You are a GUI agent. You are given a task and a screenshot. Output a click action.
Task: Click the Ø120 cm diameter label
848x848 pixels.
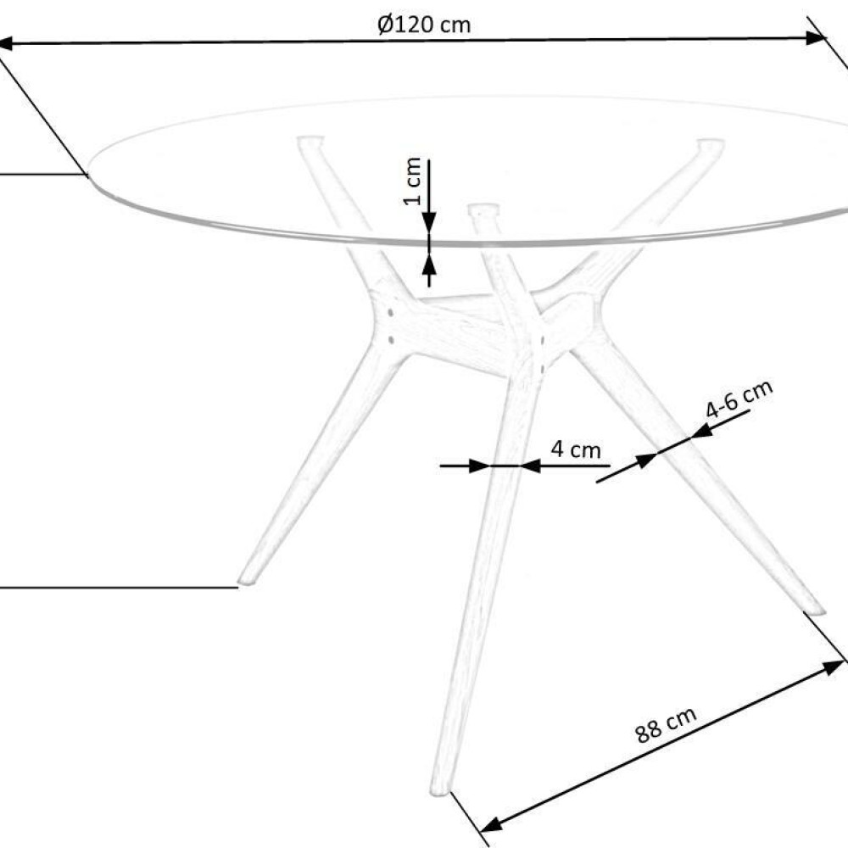click(424, 25)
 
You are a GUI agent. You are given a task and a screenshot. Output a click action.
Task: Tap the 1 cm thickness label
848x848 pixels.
click(413, 181)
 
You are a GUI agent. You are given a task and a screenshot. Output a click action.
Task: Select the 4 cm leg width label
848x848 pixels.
click(576, 449)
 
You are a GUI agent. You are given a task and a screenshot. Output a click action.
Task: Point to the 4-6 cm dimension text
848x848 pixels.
click(739, 399)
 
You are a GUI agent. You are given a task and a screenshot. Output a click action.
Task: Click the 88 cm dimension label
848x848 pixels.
click(666, 725)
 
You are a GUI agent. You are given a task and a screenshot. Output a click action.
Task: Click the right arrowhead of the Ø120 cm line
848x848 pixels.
click(817, 38)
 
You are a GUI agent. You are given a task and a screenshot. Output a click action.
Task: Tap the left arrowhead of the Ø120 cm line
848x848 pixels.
click(4, 43)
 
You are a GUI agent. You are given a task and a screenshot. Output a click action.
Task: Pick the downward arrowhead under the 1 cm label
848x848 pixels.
click(429, 222)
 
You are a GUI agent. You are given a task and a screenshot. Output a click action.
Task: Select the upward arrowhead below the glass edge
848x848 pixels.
click(429, 265)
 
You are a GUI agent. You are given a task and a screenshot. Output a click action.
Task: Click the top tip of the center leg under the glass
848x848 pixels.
click(484, 209)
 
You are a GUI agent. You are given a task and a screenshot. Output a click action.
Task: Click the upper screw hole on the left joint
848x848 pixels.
click(390, 313)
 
